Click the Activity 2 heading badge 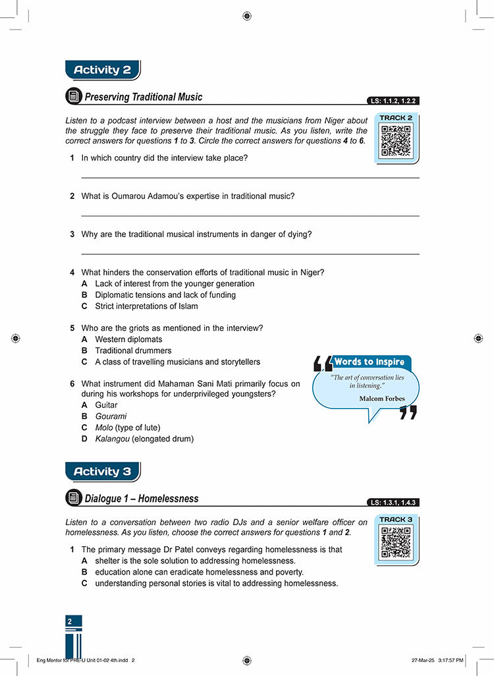(102, 70)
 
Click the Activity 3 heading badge (102, 472)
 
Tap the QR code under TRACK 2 (396, 140)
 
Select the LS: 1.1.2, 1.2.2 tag (393, 101)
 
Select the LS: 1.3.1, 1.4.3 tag (393, 503)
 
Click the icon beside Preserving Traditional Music (74, 97)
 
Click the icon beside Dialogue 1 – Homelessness (74, 499)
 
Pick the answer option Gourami (110, 416)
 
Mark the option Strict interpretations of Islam (146, 306)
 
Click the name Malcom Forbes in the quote (382, 399)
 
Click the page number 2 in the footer (69, 621)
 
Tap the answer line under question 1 (250, 177)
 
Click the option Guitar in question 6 (106, 405)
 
